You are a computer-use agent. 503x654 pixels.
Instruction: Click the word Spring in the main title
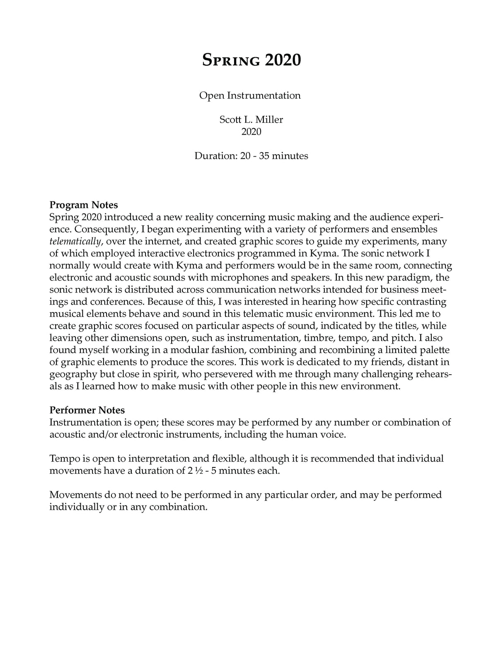(231, 61)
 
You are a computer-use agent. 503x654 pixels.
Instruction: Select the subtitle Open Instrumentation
(250, 96)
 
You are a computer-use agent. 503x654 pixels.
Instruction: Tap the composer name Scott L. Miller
(251, 120)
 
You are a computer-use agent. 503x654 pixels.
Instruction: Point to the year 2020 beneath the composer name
(251, 132)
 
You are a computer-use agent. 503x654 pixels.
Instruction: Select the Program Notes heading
(84, 205)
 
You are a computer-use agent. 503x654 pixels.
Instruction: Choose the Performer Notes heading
(87, 410)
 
